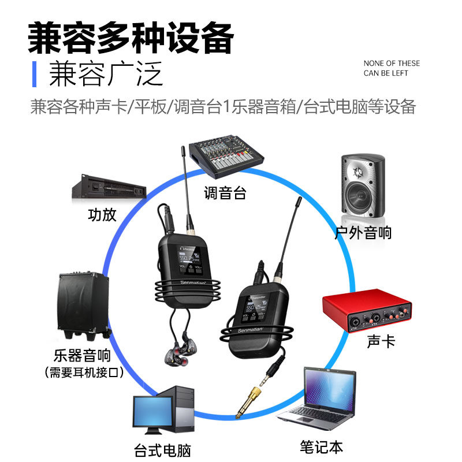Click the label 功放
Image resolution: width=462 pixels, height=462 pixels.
102,215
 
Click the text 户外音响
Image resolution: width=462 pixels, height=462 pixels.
363,232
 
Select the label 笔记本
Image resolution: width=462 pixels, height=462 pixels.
321,446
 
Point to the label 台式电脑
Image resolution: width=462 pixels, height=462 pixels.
162,450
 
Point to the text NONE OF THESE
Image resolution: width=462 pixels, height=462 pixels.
392,64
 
